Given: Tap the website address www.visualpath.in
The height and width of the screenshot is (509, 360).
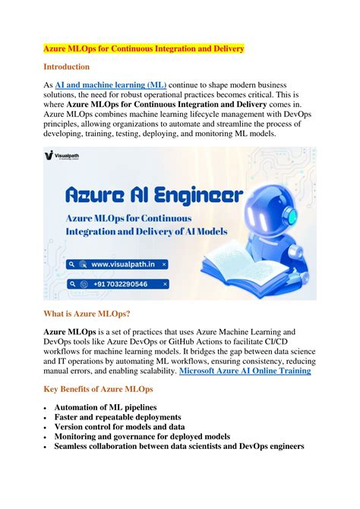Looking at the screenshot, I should pyautogui.click(x=122, y=265).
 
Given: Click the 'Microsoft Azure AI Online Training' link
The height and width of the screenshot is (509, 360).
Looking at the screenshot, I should pyautogui.click(x=245, y=371).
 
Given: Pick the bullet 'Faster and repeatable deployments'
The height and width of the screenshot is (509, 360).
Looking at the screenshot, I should pyautogui.click(x=117, y=418).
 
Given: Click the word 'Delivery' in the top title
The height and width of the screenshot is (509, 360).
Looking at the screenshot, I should pyautogui.click(x=224, y=49).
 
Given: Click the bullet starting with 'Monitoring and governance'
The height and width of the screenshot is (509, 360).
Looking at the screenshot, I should pyautogui.click(x=144, y=437).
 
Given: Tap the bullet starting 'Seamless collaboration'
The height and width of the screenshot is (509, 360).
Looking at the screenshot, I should pyautogui.click(x=179, y=447).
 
